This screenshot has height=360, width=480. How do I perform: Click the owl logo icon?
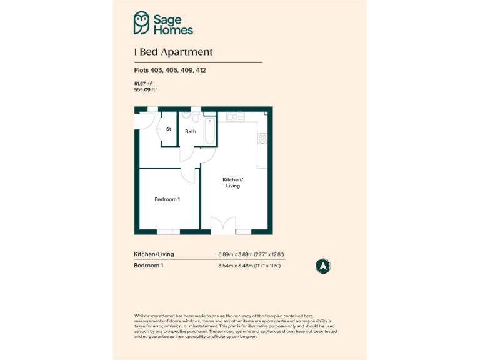(142, 23)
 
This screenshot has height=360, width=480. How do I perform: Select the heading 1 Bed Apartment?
(173, 52)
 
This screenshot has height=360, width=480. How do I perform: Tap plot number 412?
(201, 71)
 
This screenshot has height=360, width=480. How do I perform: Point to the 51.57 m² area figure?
(144, 83)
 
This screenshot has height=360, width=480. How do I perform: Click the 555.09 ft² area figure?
(146, 89)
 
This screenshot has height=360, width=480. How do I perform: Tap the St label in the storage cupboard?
(168, 129)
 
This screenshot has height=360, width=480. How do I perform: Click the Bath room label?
(191, 131)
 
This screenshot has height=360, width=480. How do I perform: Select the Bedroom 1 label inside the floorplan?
(167, 199)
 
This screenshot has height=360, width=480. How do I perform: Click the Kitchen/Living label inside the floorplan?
(232, 182)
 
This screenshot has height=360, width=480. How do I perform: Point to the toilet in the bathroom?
(196, 117)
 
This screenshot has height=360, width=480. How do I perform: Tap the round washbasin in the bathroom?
(186, 116)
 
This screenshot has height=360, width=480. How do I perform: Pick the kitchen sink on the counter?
(236, 117)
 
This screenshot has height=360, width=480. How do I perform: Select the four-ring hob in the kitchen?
(263, 139)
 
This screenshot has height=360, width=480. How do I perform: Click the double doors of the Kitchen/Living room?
(223, 225)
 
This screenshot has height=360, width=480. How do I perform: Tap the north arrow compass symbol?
(323, 266)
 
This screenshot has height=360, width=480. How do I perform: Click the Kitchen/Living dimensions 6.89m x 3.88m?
(251, 254)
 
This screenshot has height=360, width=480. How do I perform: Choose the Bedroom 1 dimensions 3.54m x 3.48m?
(249, 266)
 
